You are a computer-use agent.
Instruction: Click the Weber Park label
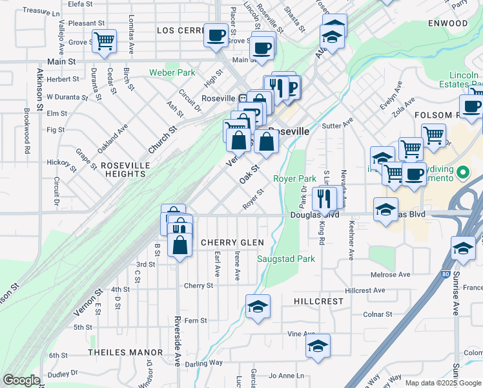172,72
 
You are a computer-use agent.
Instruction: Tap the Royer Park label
294,178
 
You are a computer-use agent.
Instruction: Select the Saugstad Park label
286,259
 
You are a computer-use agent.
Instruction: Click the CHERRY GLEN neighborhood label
232,242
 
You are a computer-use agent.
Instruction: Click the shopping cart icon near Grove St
104,41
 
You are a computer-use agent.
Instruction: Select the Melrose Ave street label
391,275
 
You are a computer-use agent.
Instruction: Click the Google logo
21,380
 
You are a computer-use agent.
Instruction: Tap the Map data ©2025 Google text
443,382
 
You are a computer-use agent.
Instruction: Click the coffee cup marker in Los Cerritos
216,34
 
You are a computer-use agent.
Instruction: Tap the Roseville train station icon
242,98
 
